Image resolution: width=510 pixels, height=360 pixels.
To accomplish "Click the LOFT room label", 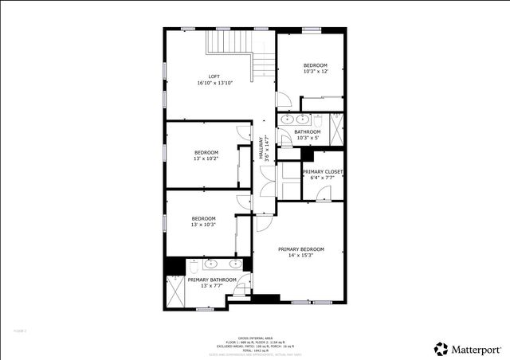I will point(214,76).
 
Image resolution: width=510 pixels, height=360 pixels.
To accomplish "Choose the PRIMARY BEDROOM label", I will point(301,249).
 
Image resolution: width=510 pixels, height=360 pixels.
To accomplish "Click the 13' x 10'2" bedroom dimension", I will point(206,158).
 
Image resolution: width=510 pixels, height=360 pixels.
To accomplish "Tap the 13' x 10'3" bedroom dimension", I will point(203,225).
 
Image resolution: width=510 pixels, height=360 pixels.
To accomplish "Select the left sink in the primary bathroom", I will point(211,264).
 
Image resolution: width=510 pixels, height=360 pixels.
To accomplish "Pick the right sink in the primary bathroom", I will point(235,264).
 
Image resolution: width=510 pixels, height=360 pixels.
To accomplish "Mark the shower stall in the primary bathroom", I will point(175,292).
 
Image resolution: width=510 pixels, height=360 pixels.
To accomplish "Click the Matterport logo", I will point(468,349).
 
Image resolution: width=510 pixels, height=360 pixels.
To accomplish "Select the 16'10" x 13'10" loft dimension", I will point(214,83).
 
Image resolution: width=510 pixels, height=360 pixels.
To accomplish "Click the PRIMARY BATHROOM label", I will point(212,280).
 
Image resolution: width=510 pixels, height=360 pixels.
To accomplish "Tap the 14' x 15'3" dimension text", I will point(301,256).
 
